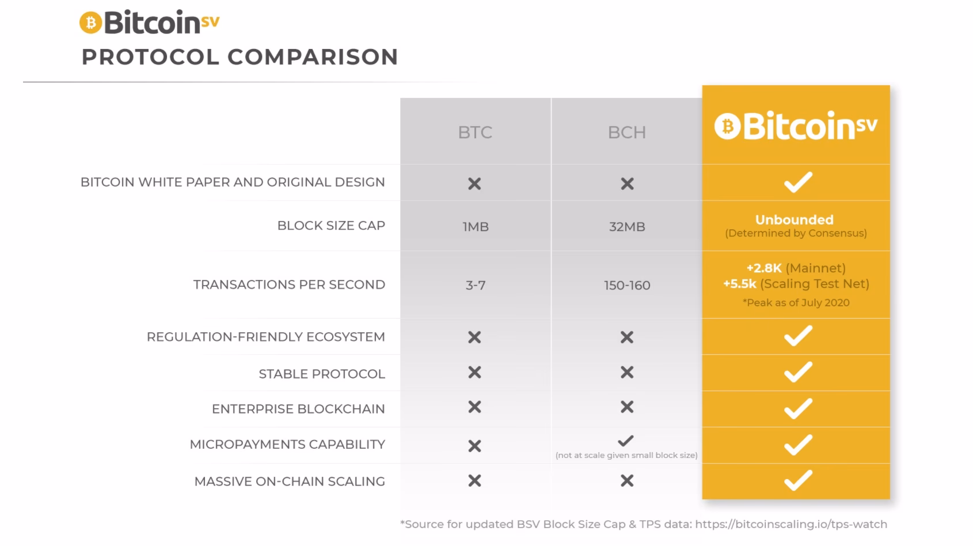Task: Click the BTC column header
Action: point(475,132)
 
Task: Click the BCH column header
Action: point(626,132)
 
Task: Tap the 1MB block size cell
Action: point(475,227)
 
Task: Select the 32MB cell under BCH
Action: point(626,227)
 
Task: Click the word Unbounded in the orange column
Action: point(794,220)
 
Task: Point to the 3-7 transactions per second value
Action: point(475,285)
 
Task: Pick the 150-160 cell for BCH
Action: point(626,285)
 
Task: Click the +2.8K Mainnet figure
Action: point(796,268)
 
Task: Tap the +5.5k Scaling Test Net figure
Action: point(796,284)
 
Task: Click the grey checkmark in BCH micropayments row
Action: point(625,441)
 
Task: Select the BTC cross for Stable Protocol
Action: point(474,373)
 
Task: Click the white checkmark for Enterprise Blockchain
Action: point(798,408)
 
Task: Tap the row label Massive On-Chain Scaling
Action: point(289,481)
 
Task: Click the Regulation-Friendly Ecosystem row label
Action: point(265,337)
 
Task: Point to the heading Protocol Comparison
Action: point(240,57)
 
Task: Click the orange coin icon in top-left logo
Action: point(90,23)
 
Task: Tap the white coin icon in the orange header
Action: point(727,126)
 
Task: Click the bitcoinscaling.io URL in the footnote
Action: point(790,524)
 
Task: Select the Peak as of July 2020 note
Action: point(796,303)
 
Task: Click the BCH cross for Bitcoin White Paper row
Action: point(627,184)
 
